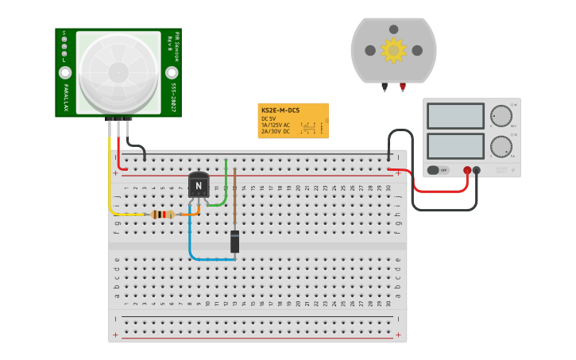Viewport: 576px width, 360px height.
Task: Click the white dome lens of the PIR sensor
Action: pos(118,72)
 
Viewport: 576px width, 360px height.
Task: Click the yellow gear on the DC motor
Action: pos(393,50)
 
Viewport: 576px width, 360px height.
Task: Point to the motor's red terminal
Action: pos(403,86)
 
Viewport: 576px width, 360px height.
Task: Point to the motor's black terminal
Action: pos(385,86)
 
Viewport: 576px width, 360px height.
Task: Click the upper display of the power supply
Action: pos(455,116)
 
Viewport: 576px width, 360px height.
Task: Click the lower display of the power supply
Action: pos(455,146)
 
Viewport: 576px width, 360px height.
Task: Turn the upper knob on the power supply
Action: pos(501,116)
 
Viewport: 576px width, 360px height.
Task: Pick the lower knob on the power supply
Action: pos(501,146)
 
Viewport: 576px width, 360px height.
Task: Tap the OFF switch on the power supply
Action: pos(438,170)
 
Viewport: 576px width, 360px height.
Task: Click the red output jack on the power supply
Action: pos(467,170)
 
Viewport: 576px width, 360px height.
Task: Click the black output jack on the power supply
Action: pos(477,170)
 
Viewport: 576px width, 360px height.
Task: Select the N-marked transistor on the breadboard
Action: pos(199,185)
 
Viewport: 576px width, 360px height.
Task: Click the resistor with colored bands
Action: pos(163,214)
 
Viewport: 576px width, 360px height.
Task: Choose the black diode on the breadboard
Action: pos(234,242)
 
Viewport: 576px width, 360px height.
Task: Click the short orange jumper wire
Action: pos(189,213)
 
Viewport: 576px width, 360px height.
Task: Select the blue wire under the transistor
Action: pos(191,238)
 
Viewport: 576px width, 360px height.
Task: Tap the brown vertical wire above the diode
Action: pos(234,199)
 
